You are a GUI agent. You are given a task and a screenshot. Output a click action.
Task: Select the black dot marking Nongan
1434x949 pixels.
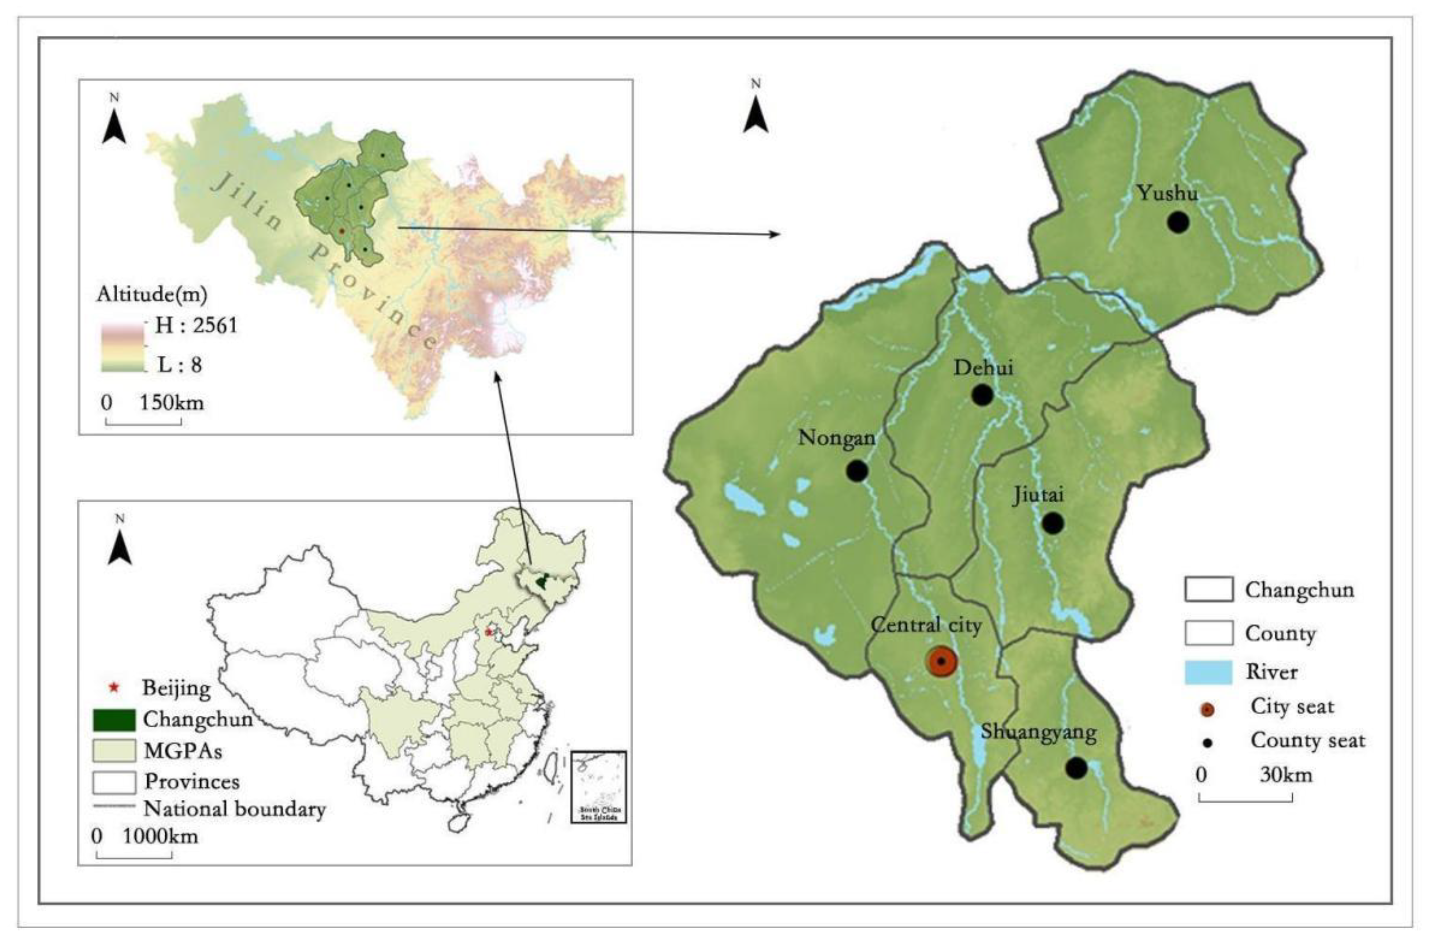[x=857, y=470]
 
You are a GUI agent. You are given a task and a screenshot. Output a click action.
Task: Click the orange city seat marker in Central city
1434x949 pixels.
[x=941, y=661]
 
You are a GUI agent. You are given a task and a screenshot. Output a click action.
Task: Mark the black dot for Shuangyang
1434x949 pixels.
[x=1076, y=767]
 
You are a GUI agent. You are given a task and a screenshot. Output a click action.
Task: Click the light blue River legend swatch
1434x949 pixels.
[x=1208, y=672]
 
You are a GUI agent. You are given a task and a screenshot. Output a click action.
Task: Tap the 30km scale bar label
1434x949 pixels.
[x=1286, y=775]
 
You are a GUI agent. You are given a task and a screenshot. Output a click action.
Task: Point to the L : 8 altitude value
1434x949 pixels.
[x=180, y=364]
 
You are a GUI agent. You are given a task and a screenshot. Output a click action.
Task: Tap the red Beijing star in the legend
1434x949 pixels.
[x=113, y=687]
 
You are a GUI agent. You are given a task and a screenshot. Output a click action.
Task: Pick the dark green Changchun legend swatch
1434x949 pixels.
[x=114, y=720]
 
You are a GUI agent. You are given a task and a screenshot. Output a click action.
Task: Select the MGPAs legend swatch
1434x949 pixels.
[x=114, y=751]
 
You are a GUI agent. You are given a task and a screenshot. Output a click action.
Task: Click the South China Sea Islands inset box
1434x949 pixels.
[x=598, y=787]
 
